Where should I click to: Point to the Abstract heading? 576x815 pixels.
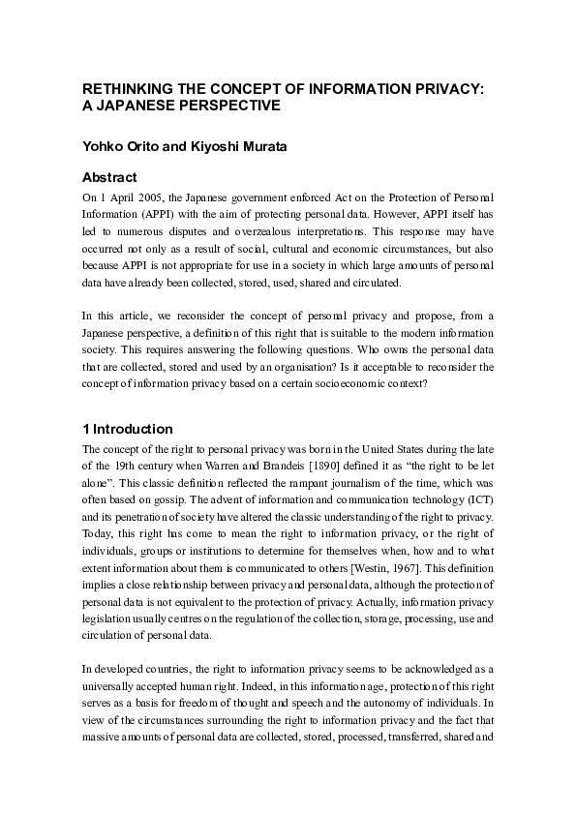tap(111, 177)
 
